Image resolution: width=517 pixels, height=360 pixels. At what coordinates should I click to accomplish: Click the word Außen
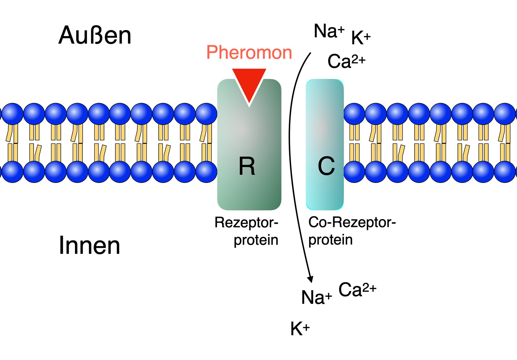coord(95,35)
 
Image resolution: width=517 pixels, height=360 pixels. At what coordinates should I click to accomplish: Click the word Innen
coord(90,245)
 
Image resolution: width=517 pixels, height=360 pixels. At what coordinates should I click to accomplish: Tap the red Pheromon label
coord(249,52)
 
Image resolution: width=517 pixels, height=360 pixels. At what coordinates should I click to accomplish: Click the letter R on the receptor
coord(247,166)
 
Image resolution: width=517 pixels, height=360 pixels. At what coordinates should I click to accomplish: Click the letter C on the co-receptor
coord(326,166)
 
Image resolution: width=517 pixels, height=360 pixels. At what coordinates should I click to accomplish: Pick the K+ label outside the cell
coord(360,38)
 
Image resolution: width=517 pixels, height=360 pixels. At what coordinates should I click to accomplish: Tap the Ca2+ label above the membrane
coord(346,61)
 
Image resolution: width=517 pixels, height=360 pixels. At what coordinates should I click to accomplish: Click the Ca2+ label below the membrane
coord(357,289)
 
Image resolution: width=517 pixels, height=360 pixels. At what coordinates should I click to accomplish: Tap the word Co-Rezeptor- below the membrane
coord(352,222)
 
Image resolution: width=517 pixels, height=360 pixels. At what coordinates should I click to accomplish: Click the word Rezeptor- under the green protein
coord(246,223)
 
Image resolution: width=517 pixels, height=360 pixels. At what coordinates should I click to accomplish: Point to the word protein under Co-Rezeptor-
coord(330,240)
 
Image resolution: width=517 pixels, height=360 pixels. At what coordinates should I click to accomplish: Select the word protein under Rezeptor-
coord(256,240)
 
